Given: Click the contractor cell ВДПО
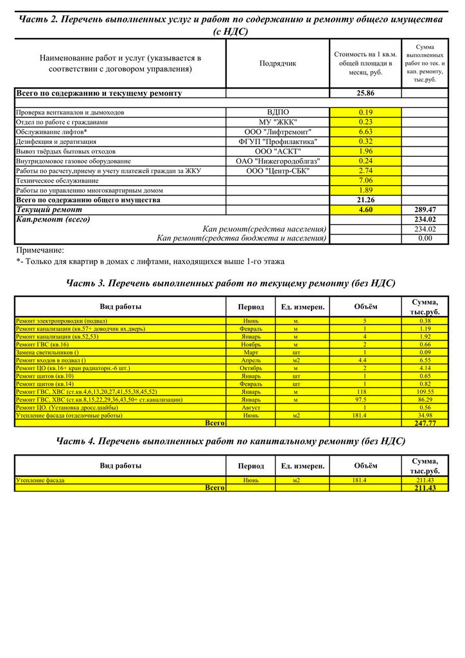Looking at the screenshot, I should (x=277, y=112).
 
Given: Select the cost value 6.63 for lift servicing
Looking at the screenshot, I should (x=365, y=132).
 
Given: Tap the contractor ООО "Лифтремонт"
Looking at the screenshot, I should (x=277, y=132).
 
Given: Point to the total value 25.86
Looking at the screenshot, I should (x=365, y=93).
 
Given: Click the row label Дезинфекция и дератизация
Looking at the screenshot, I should (x=57, y=141).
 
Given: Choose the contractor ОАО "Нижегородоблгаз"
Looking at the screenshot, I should (x=277, y=161).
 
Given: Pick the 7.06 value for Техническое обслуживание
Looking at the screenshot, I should (x=365, y=181).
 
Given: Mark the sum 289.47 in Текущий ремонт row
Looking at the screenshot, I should (x=425, y=209).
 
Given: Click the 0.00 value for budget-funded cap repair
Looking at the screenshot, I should (x=425, y=238).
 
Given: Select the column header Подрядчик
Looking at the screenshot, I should (x=277, y=64).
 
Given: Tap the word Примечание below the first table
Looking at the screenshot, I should (x=40, y=250).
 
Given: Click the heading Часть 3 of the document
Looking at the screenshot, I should (x=231, y=283).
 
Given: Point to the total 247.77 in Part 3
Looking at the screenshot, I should (x=425, y=423).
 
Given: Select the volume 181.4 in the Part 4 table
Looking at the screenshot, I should (x=365, y=480).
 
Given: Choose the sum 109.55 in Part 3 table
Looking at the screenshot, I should (x=425, y=391).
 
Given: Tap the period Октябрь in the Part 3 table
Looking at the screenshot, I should (x=250, y=368).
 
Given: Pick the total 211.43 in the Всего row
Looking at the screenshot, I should (x=425, y=488).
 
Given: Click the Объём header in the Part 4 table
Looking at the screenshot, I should (x=365, y=466).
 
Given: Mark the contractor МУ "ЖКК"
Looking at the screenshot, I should (x=277, y=122).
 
